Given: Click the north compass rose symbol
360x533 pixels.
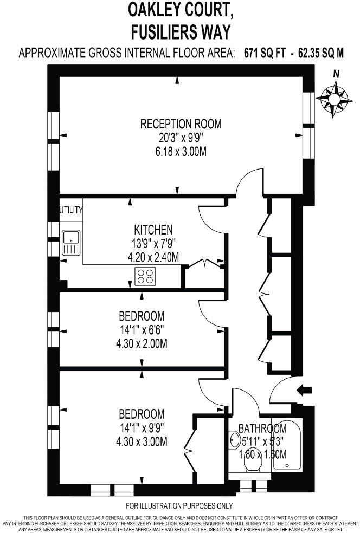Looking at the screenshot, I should (x=334, y=97).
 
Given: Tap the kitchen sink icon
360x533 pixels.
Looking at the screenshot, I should (x=71, y=242).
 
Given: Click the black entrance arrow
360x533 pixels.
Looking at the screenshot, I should (x=305, y=389).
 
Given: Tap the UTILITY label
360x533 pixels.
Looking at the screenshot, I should (x=71, y=210).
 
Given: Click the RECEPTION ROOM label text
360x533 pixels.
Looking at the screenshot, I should (x=181, y=124).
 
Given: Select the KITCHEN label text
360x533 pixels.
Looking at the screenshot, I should (x=153, y=229).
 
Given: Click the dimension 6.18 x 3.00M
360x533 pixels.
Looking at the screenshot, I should (x=181, y=152).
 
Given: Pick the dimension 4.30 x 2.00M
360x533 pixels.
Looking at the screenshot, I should (x=142, y=343).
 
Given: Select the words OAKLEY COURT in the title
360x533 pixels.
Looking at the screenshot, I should (x=180, y=9).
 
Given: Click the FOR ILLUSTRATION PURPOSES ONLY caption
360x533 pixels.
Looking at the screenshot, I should (x=179, y=506).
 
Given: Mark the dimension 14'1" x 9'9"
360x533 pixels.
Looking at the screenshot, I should (x=142, y=428).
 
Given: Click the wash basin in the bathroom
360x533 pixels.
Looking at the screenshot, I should (x=234, y=439).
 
